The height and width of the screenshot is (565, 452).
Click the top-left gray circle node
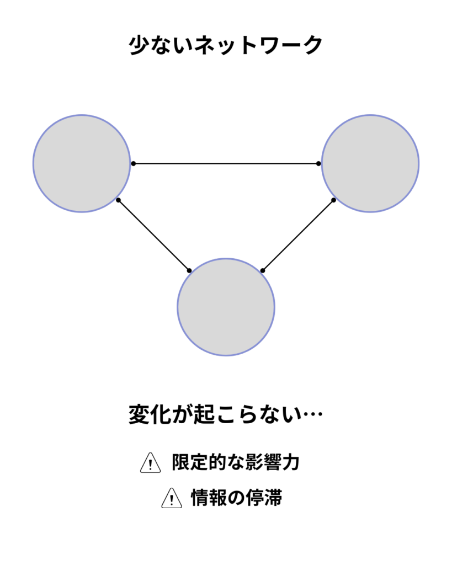click(82, 163)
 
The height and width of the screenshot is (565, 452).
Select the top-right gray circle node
click(370, 163)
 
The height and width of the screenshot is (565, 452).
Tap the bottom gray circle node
click(226, 307)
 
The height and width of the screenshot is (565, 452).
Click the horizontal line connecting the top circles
click(226, 163)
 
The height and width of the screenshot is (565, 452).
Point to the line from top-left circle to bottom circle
click(154, 235)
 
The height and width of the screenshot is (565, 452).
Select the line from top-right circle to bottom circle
click(298, 235)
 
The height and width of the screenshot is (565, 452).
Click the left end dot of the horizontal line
click(134, 163)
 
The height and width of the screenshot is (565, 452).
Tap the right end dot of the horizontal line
click(318, 163)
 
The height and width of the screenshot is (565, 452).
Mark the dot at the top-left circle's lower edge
click(118, 200)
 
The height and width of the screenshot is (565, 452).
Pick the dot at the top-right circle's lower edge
click(334, 200)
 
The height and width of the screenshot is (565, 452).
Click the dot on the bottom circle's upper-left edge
click(189, 270)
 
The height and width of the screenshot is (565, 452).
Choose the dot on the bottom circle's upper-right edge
click(262, 270)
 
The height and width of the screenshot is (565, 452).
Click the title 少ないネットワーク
click(226, 45)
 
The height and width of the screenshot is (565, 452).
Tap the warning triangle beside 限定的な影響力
click(150, 463)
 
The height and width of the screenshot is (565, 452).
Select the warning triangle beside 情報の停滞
click(172, 498)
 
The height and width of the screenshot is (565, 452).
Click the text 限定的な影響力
click(236, 462)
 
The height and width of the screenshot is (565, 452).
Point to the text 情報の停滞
click(236, 498)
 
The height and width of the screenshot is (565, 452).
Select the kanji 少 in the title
click(139, 45)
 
